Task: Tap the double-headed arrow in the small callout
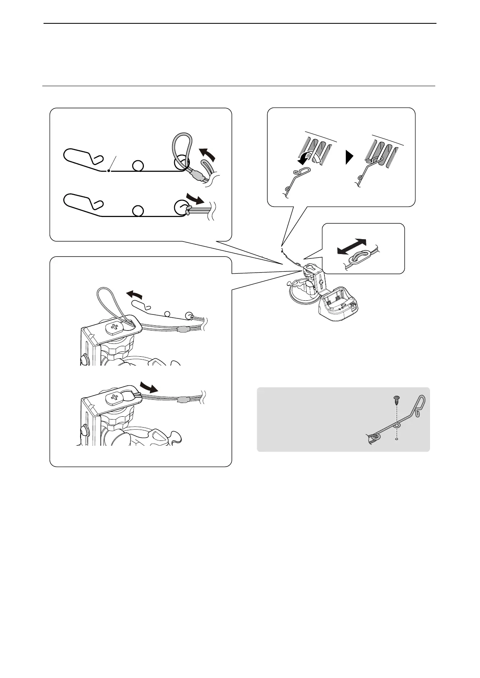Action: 352,246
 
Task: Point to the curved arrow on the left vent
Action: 310,159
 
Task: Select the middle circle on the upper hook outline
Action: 138,165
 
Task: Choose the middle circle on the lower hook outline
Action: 138,211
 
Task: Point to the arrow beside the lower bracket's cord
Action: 147,389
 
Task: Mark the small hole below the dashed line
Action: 397,440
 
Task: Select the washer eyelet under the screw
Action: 397,425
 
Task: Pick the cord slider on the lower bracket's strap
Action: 183,400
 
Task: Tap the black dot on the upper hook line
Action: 108,171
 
